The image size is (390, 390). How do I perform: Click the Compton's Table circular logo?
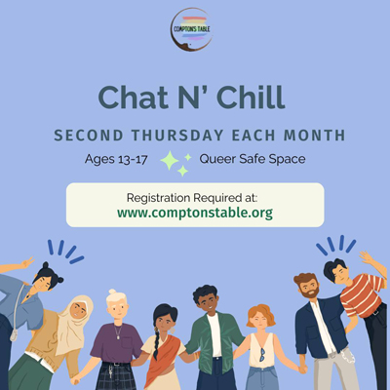[192, 29]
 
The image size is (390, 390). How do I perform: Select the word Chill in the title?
[251, 97]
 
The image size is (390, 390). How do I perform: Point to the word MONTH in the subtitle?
[314, 136]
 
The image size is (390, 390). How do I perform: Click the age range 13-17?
[133, 159]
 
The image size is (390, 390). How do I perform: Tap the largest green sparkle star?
[170, 161]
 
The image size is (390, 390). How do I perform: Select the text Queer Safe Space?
[253, 159]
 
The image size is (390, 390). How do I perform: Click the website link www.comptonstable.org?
[195, 213]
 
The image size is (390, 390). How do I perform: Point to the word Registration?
[158, 198]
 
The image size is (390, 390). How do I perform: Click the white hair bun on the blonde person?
[112, 292]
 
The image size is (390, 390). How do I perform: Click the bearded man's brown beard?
[310, 292]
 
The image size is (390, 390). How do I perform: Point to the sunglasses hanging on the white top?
[261, 354]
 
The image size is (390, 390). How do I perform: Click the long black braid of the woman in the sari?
[157, 343]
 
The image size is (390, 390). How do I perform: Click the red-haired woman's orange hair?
[260, 314]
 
